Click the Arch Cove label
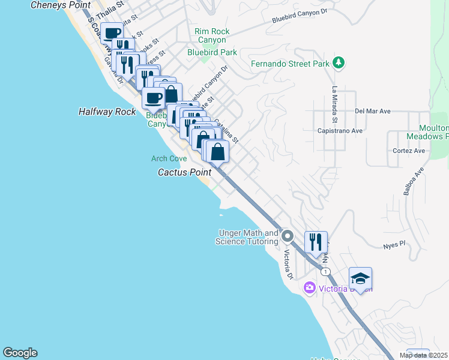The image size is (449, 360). [x=169, y=158]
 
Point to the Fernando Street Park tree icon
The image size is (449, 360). [x=339, y=62]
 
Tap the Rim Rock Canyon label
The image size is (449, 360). [x=211, y=36]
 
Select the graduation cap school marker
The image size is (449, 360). [x=360, y=278]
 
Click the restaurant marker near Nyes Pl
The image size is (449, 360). [x=316, y=242]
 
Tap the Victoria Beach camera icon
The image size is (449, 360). [x=310, y=288]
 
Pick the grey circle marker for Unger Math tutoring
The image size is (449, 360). [x=287, y=235]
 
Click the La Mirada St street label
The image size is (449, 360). [x=335, y=101]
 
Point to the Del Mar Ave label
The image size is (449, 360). [x=373, y=111]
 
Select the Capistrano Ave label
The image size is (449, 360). [x=340, y=130]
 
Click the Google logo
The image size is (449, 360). [x=20, y=353]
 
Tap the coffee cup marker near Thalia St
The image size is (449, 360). [x=112, y=33]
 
